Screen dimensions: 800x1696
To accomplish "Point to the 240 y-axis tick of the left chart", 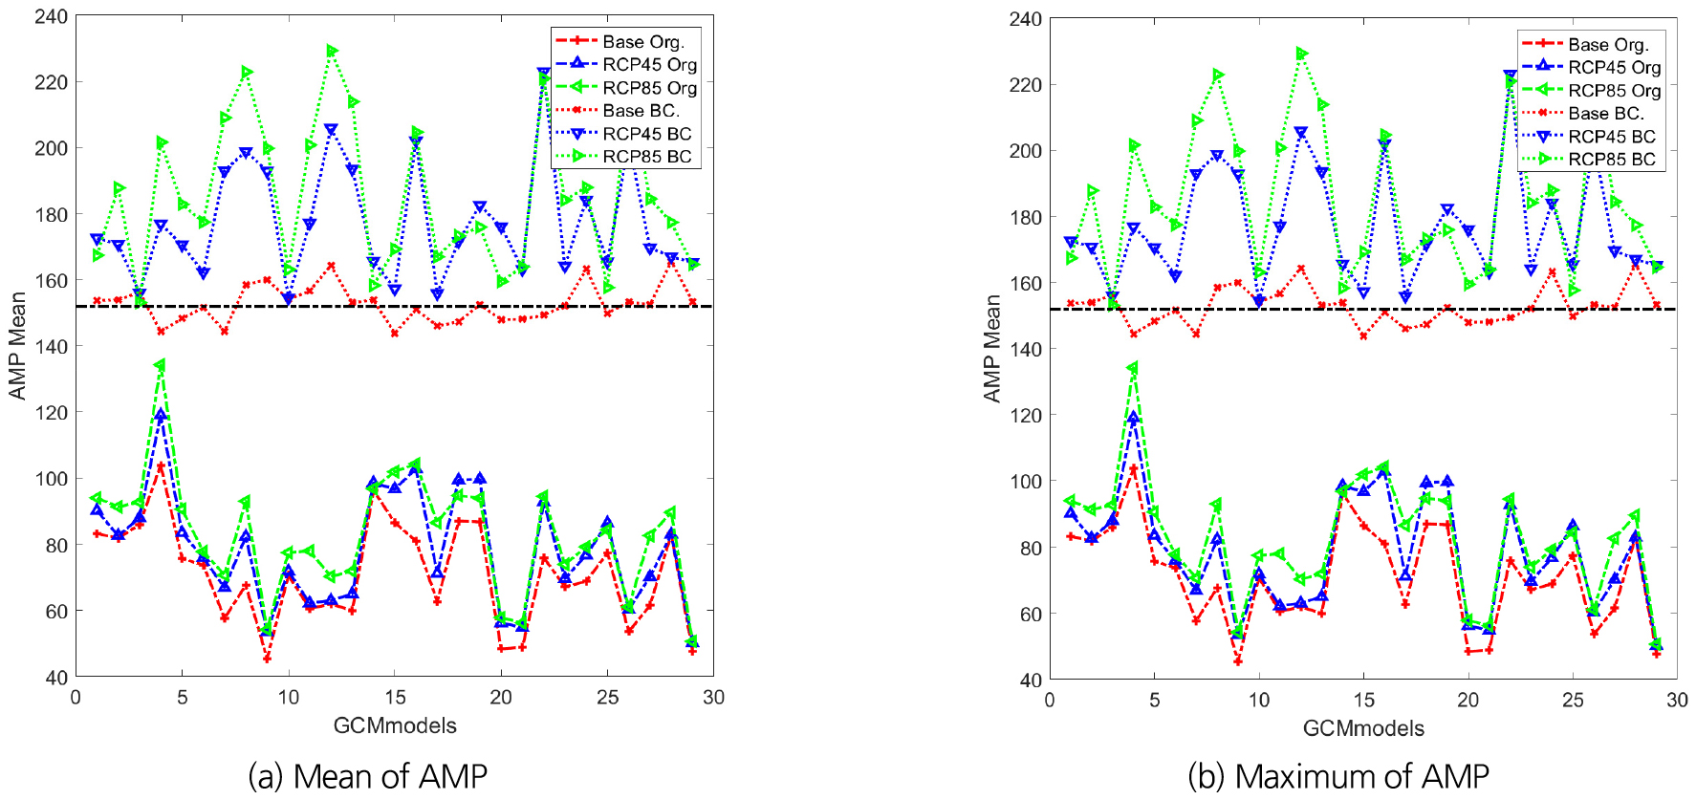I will point(52,16).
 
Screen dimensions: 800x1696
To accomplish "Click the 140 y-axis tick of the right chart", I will point(1025,350).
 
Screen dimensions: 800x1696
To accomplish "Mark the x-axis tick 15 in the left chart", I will point(395,698).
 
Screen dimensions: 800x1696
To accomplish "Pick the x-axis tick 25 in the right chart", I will point(1573,701).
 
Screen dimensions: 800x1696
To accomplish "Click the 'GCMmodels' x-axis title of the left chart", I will point(395,725).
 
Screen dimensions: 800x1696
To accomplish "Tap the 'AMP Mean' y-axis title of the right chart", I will point(992,349).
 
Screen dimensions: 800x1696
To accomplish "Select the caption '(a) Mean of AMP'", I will point(368,776).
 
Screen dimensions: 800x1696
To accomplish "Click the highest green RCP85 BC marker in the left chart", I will point(332,51).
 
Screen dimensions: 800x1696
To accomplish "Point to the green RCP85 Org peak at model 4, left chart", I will point(161,365).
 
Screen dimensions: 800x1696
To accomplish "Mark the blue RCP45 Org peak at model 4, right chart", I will point(1134,418).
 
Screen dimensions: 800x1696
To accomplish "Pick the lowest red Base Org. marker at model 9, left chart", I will point(267,659).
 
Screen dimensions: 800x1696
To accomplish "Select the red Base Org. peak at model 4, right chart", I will point(1134,469).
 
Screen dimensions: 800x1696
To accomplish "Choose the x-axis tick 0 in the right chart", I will point(1050,701).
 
